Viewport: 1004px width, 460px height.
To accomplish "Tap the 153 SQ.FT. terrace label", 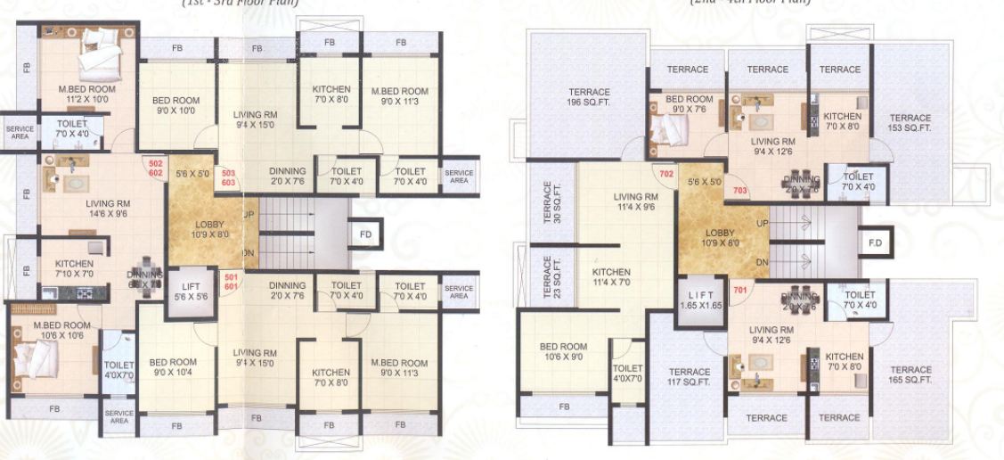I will coord(910,123).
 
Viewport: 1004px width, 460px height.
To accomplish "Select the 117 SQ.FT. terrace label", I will coord(690,377).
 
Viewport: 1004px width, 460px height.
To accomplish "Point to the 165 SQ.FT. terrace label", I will coord(910,374).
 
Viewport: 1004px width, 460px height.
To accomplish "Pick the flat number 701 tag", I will coord(739,290).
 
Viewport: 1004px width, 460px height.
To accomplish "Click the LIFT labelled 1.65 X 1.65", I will coord(698,299).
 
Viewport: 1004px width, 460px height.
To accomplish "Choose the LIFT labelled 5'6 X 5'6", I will coord(190,291).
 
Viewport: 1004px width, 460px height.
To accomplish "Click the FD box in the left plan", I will coord(365,234).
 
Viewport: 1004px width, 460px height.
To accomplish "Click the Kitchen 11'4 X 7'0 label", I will coord(611,277).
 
